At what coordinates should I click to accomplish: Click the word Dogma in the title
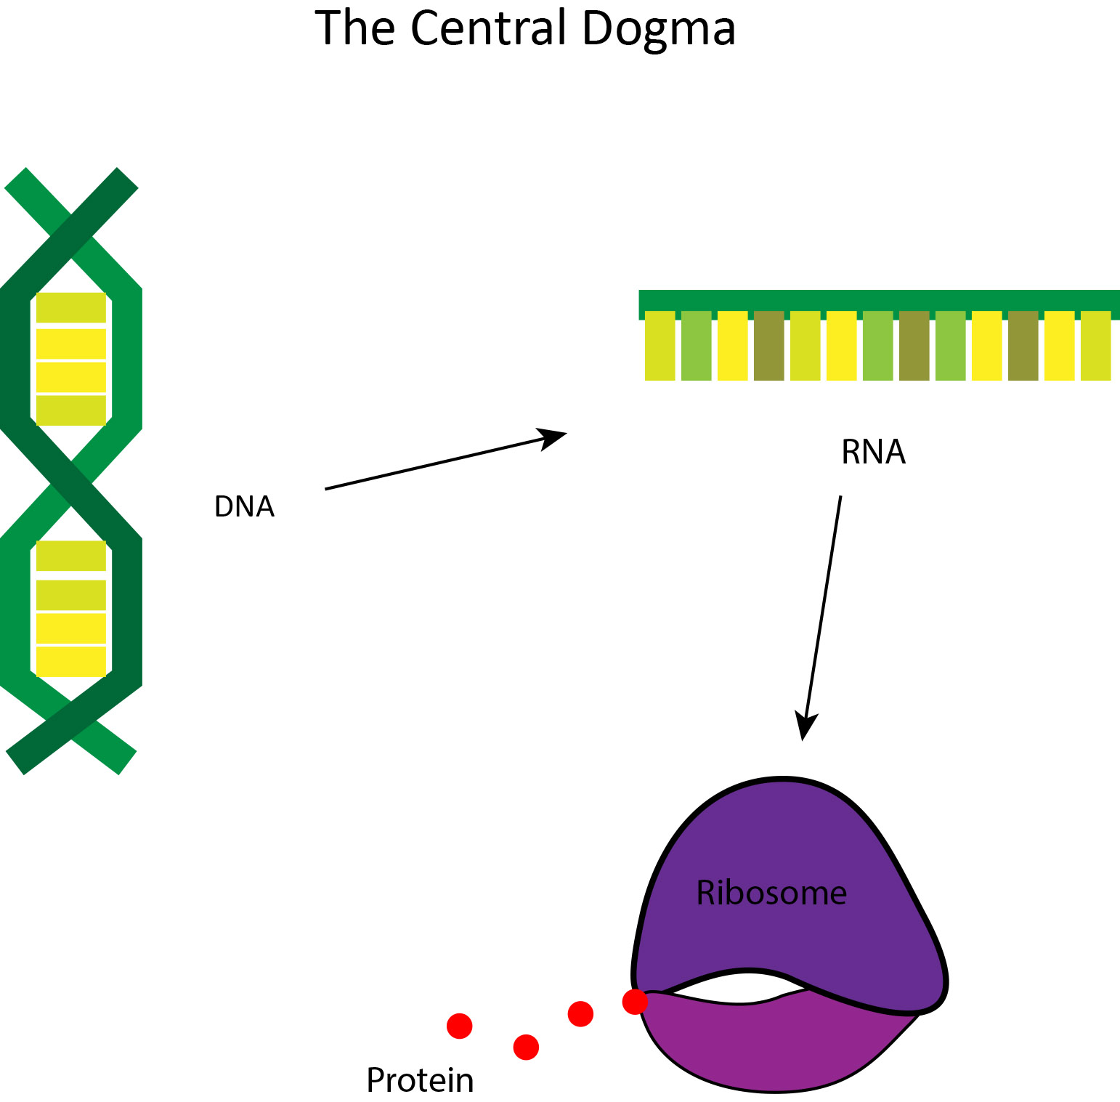(658, 29)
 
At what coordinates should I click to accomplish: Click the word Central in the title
(490, 29)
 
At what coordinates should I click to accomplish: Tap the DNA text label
(244, 506)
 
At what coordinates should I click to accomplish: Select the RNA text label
(873, 452)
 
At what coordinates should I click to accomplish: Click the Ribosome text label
(771, 893)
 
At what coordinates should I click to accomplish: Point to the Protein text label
(420, 1080)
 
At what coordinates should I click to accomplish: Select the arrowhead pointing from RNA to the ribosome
(805, 727)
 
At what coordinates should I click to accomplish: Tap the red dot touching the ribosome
(635, 1002)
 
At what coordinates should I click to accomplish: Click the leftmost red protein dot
(459, 1026)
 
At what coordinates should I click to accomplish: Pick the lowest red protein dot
(526, 1048)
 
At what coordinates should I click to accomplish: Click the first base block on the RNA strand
(660, 346)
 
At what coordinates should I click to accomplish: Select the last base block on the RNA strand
(1095, 346)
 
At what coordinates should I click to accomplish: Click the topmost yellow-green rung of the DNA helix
(71, 308)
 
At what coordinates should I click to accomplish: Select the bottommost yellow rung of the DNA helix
(71, 661)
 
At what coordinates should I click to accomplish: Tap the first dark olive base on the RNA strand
(768, 346)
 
